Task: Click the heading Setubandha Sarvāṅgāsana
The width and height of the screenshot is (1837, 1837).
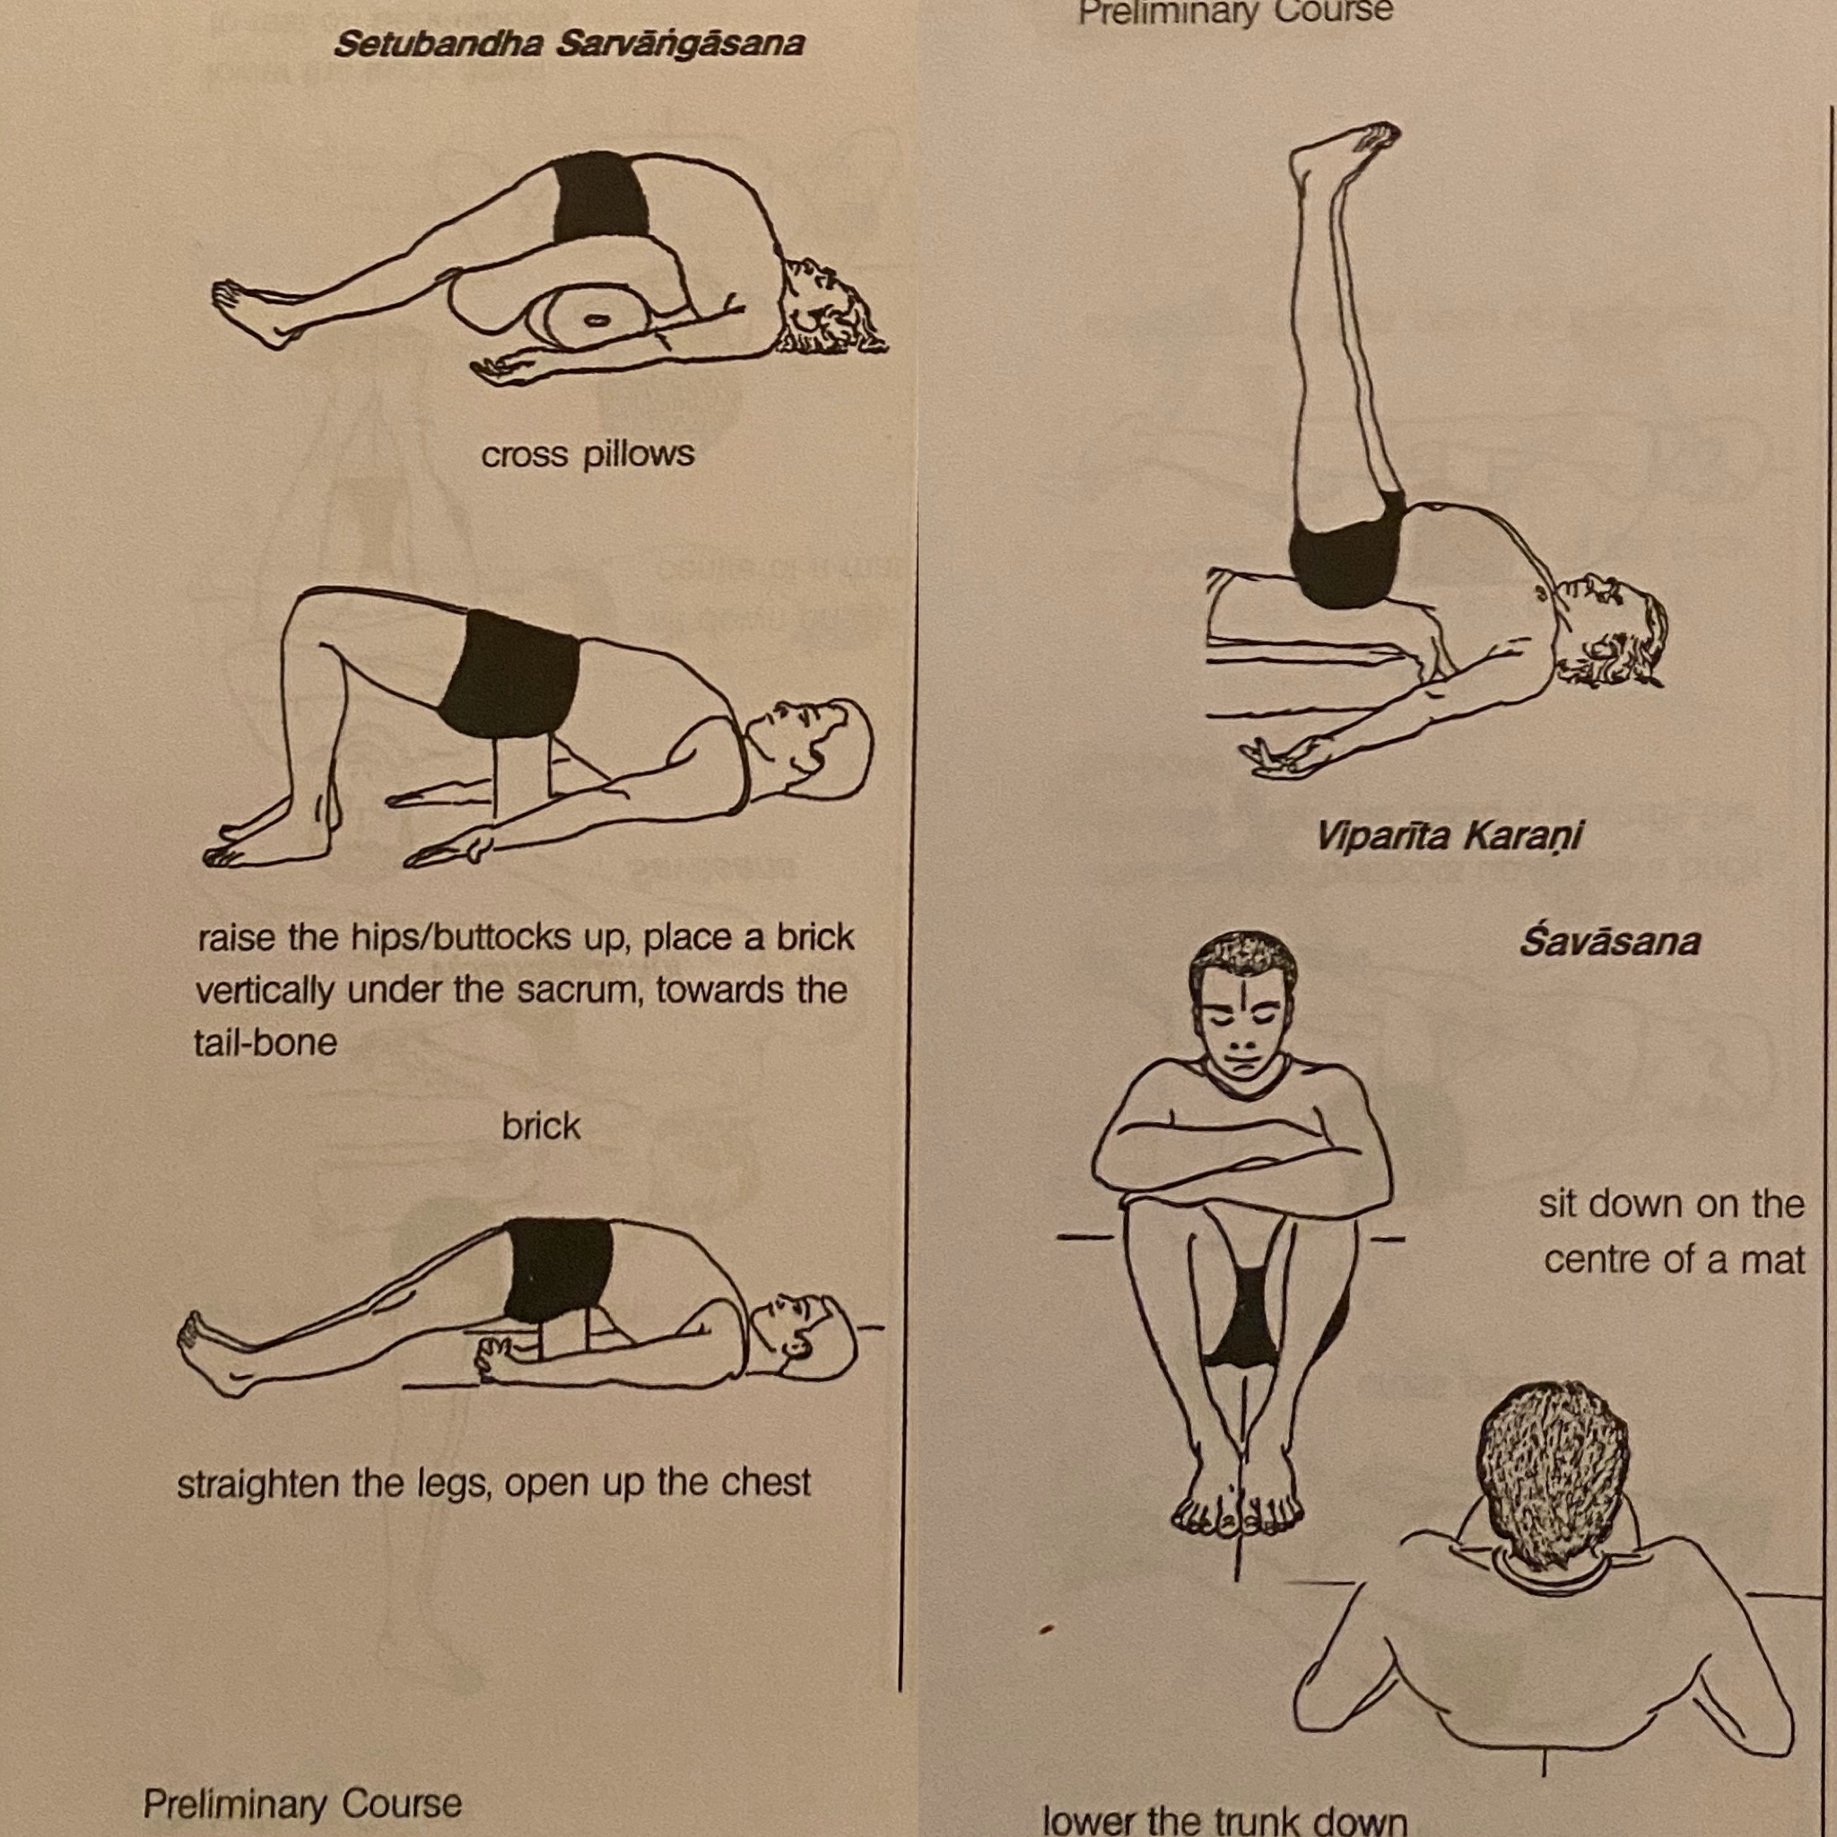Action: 569,44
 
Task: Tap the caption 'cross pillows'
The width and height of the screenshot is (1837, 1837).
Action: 588,455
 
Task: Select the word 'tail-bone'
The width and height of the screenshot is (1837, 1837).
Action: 266,1042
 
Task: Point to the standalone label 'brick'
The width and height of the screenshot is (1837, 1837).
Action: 541,1126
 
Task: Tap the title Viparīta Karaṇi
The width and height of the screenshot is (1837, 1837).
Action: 1450,837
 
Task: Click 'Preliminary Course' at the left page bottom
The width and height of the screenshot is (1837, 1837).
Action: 302,1803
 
